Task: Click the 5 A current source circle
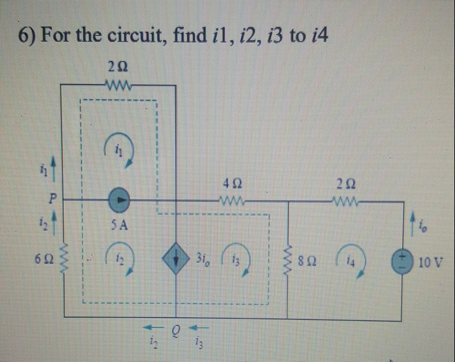tap(120, 199)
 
